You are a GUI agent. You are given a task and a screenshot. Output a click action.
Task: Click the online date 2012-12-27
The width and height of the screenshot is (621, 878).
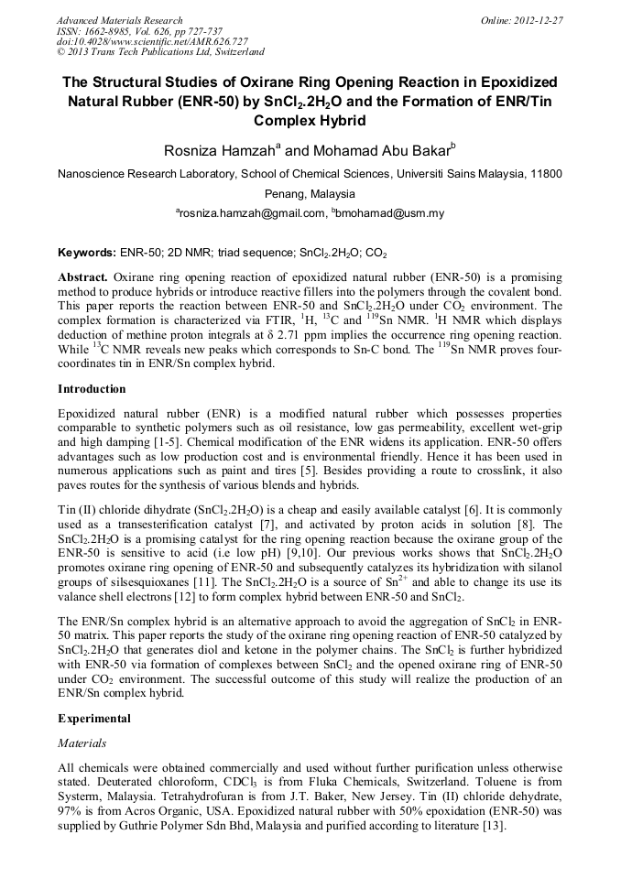tap(539, 20)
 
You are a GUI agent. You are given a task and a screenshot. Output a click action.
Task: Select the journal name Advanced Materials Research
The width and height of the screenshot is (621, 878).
tap(119, 20)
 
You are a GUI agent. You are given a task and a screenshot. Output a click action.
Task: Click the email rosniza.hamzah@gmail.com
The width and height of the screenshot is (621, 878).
tap(251, 213)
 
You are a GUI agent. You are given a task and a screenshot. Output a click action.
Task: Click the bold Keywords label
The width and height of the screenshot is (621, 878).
tap(86, 252)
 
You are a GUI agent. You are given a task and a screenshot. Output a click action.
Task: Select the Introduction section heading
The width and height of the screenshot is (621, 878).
tap(92, 388)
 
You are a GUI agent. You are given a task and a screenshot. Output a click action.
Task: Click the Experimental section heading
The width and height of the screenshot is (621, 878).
tap(93, 719)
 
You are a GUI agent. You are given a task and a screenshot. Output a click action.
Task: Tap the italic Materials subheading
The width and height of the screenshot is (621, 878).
tap(82, 743)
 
